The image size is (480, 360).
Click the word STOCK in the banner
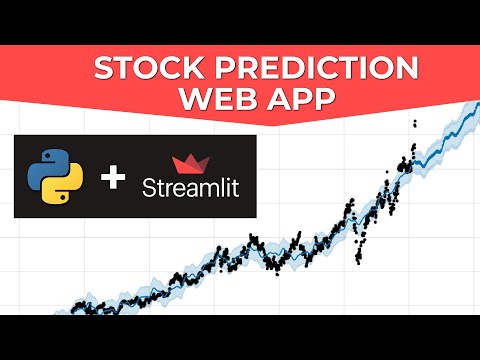click(x=146, y=70)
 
